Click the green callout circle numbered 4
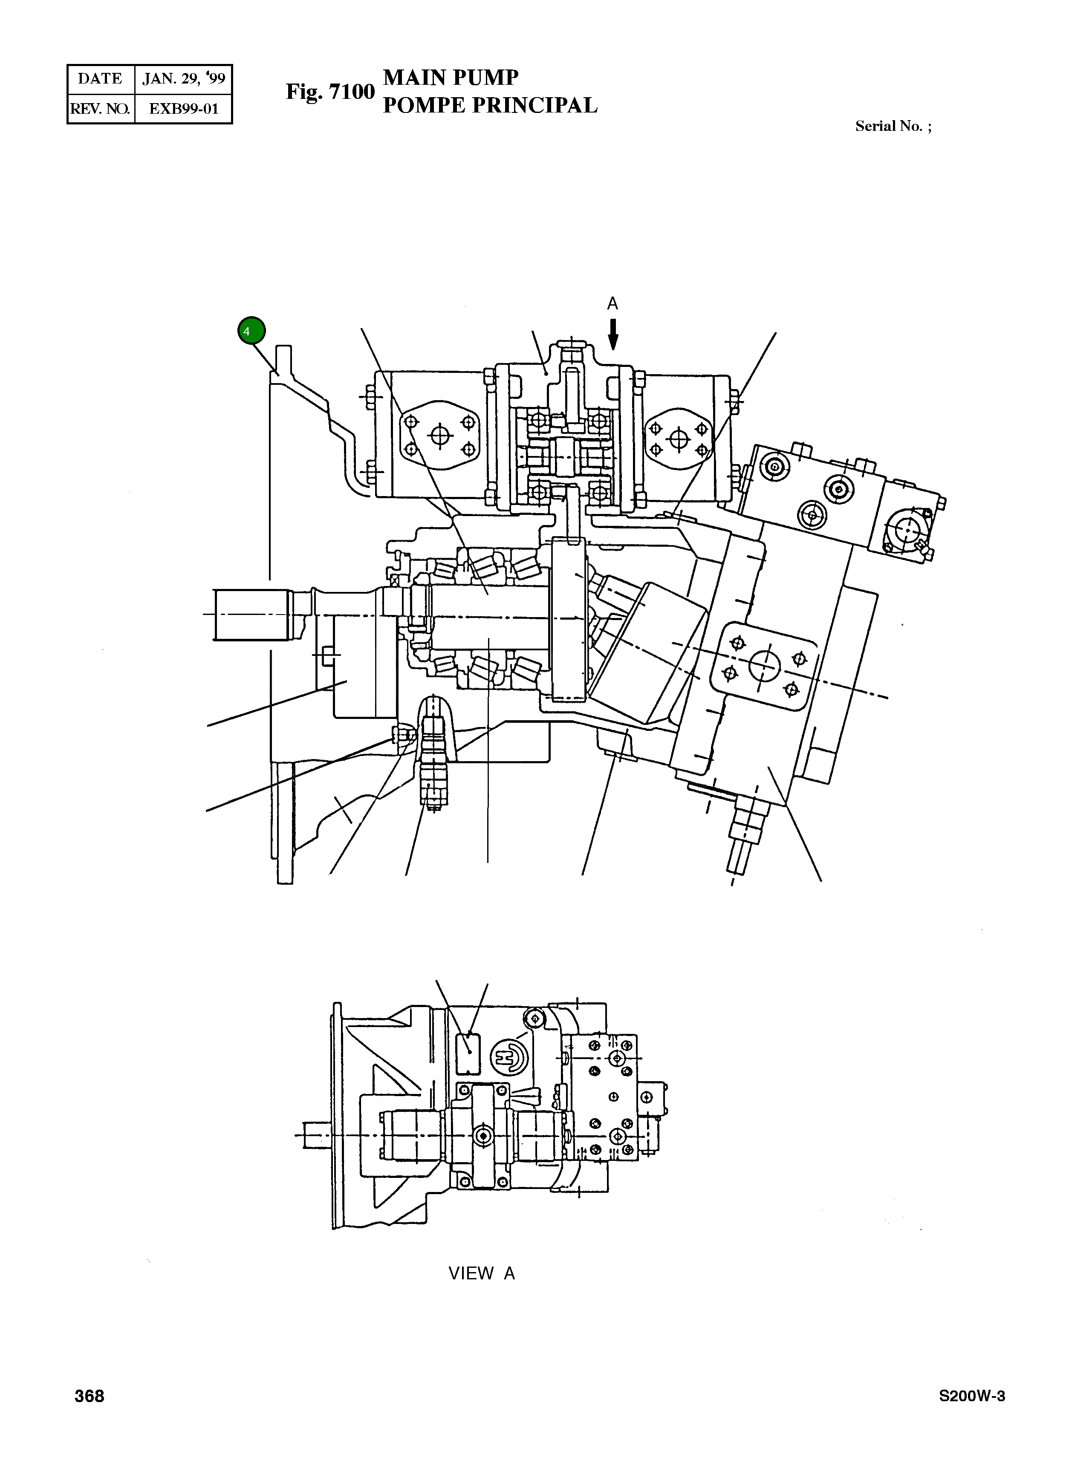click(x=251, y=331)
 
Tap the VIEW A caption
click(x=482, y=1273)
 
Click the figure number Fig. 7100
click(x=330, y=92)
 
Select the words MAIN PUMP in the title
click(x=451, y=78)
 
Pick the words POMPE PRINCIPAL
click(x=490, y=105)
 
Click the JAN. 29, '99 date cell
click(x=184, y=79)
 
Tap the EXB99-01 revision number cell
click(x=184, y=109)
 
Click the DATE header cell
click(x=100, y=79)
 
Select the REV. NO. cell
click(x=100, y=109)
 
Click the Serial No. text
click(x=893, y=126)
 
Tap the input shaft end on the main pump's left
click(x=249, y=615)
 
